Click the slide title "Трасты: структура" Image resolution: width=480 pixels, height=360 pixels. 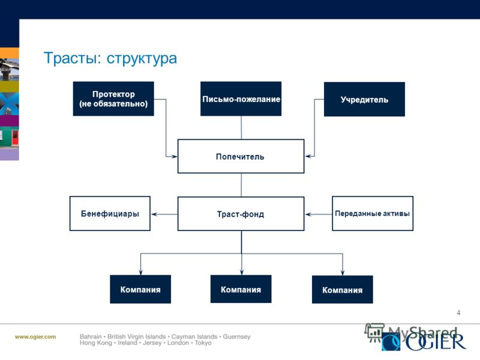point(110,58)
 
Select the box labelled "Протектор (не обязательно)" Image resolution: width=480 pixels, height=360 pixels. point(113,98)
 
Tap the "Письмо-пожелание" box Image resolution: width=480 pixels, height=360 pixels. point(241,98)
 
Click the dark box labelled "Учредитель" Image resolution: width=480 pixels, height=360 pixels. point(364,99)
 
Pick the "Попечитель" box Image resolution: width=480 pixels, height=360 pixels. point(241,157)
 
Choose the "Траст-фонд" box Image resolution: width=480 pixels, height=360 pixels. point(241,214)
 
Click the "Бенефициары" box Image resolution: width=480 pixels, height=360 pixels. point(110,214)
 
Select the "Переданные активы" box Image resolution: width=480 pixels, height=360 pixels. point(373,214)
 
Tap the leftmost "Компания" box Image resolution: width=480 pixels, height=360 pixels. point(140,289)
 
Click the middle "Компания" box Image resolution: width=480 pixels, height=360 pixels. point(241,289)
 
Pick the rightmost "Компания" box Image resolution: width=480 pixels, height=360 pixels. point(342,290)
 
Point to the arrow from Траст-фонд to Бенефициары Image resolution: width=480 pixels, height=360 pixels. point(164,214)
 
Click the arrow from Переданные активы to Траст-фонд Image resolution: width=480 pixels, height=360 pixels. point(319,214)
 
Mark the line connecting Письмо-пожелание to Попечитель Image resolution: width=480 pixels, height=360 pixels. point(241,128)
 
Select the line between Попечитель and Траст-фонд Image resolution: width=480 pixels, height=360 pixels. point(241,185)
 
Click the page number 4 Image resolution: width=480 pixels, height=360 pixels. point(458,313)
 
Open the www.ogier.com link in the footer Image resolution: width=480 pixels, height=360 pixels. point(35,337)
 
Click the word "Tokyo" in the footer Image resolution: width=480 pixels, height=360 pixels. point(203,343)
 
